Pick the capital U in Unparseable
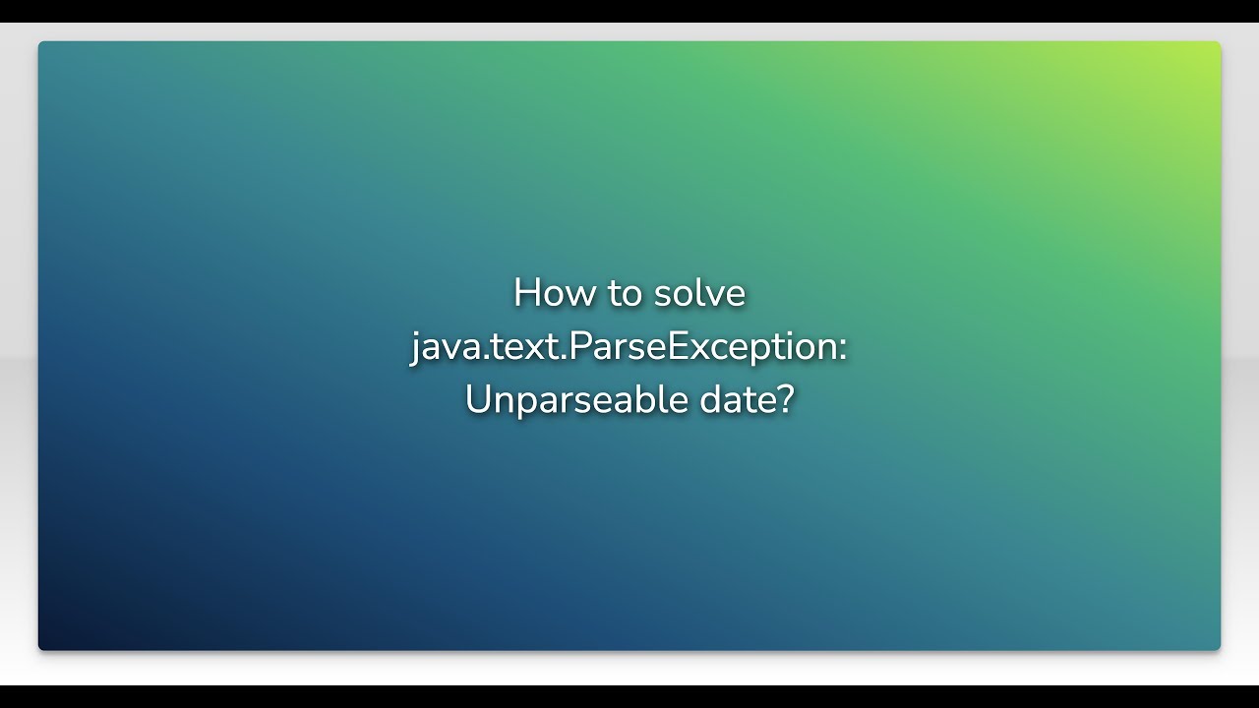pyautogui.click(x=477, y=400)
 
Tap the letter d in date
pyautogui.click(x=710, y=400)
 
